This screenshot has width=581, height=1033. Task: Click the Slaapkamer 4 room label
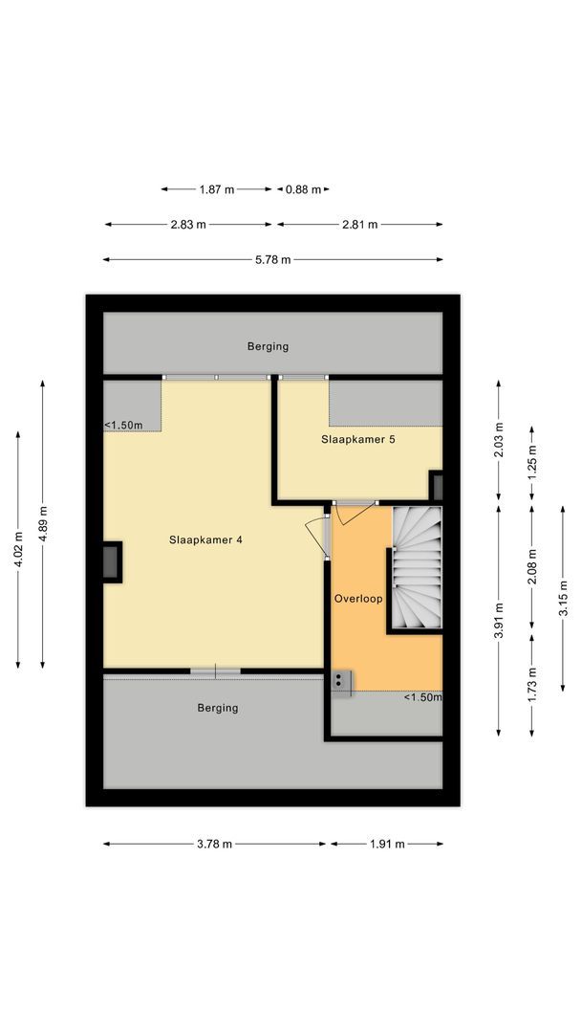point(205,539)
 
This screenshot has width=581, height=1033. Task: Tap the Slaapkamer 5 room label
point(357,440)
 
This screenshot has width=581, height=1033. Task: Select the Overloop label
point(358,599)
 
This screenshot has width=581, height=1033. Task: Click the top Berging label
point(268,346)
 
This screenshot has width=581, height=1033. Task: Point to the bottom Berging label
point(218,708)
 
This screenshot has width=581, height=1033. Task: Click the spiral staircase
point(417,568)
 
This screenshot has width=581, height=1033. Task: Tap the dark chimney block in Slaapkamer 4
point(112,561)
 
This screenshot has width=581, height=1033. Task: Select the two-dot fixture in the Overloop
point(340,680)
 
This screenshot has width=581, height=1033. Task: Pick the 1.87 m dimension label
point(216,189)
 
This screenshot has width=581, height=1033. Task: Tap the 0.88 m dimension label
point(304,189)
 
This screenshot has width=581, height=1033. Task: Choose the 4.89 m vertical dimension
point(43,523)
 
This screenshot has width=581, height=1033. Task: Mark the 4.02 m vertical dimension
point(18,549)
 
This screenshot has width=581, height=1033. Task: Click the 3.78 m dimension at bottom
point(213,844)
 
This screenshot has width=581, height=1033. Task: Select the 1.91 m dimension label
point(386,844)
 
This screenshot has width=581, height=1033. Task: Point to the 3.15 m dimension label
point(563,604)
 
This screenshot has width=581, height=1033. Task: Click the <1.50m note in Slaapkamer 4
point(124,426)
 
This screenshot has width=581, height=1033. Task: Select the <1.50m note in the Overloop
point(422,697)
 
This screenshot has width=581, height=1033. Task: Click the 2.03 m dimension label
point(498,440)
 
